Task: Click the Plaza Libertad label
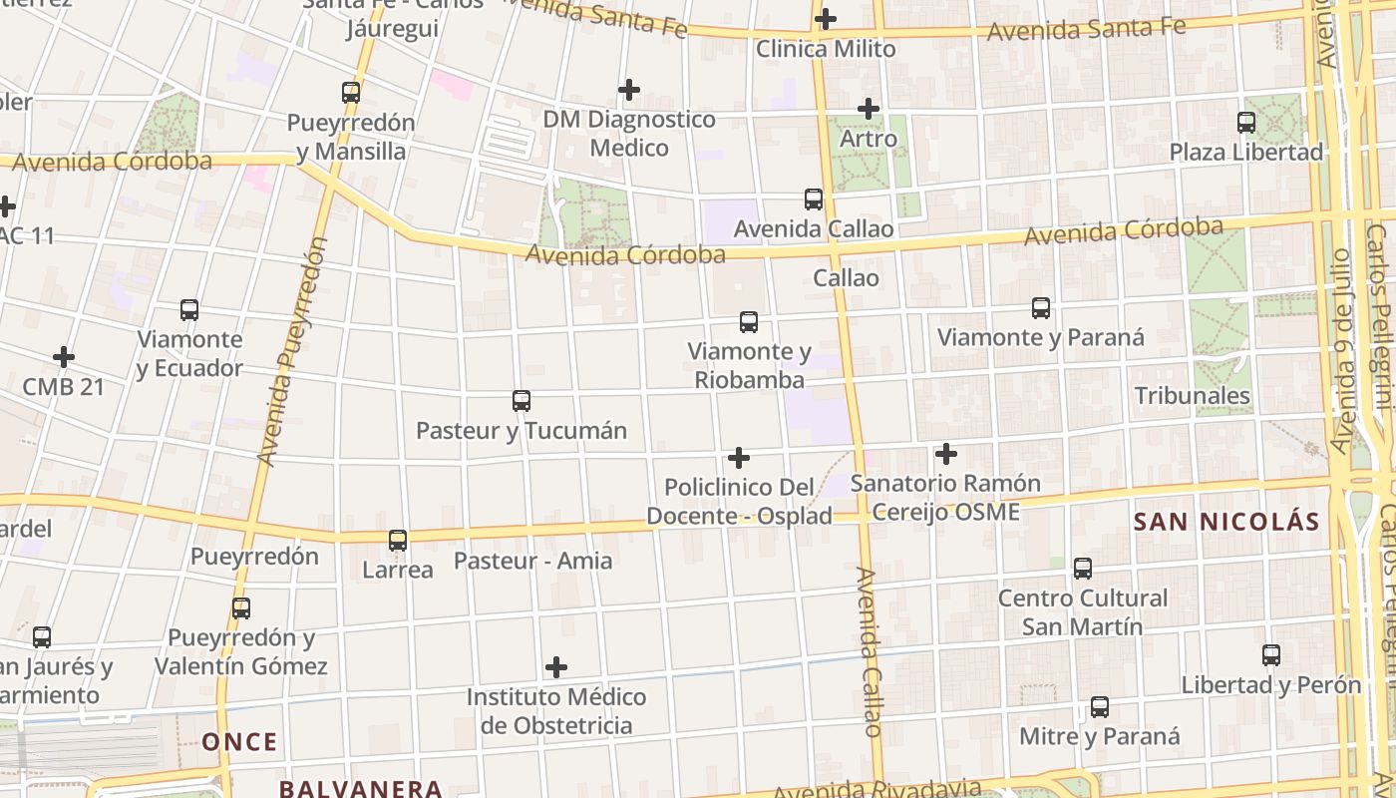pyautogui.click(x=1246, y=153)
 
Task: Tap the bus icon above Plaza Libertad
pyautogui.click(x=1246, y=123)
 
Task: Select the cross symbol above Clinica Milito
pyautogui.click(x=826, y=19)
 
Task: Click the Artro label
pyautogui.click(x=869, y=139)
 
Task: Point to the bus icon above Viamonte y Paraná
pyautogui.click(x=1041, y=308)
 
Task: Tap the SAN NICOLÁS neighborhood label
pyautogui.click(x=1226, y=522)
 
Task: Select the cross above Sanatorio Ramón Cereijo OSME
pyautogui.click(x=946, y=455)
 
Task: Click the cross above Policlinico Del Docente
pyautogui.click(x=739, y=458)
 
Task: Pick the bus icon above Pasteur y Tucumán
pyautogui.click(x=522, y=401)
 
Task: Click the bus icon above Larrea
pyautogui.click(x=398, y=541)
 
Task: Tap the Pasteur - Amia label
pyautogui.click(x=533, y=561)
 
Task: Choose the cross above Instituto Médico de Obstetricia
pyautogui.click(x=556, y=667)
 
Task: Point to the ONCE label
pyautogui.click(x=239, y=742)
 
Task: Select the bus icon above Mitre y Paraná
pyautogui.click(x=1100, y=707)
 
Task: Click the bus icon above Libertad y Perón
pyautogui.click(x=1271, y=655)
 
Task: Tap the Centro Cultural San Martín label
pyautogui.click(x=1083, y=612)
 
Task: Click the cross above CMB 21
pyautogui.click(x=64, y=357)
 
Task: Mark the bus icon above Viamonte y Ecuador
pyautogui.click(x=189, y=310)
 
